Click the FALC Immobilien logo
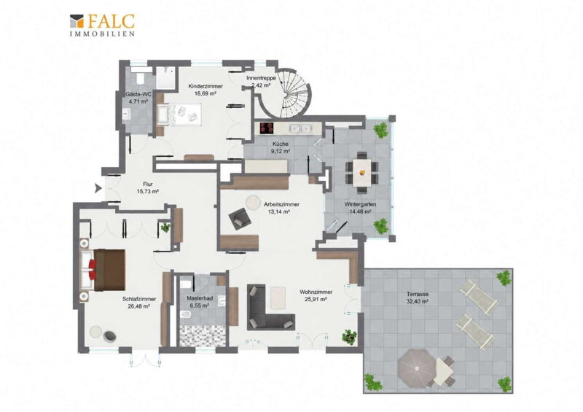tap(102, 25)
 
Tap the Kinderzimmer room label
tap(206, 86)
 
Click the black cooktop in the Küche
tap(267, 128)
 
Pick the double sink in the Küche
tap(300, 129)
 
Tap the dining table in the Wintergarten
tap(361, 173)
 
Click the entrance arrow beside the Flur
tap(98, 188)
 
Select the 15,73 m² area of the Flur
tap(148, 191)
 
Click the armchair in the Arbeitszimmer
tap(240, 219)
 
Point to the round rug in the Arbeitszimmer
tap(254, 203)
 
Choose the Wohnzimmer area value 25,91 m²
tap(316, 299)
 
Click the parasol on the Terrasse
tap(416, 368)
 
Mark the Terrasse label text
tap(418, 294)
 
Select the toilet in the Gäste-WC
tap(141, 78)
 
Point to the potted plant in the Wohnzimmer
tap(350, 336)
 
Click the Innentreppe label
tap(261, 79)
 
